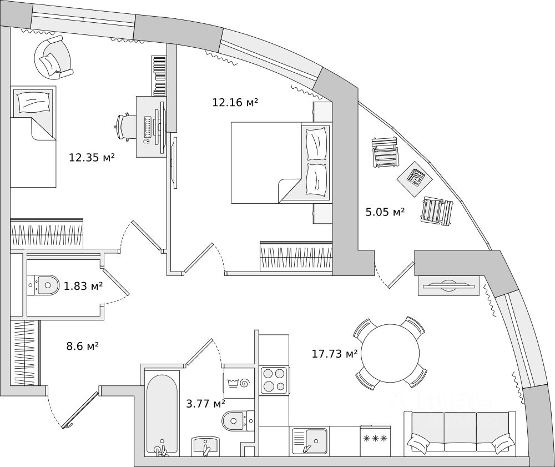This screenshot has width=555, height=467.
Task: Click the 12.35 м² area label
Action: click(x=92, y=158)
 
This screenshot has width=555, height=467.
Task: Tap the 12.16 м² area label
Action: click(x=235, y=102)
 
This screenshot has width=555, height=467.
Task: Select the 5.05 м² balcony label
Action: click(x=385, y=212)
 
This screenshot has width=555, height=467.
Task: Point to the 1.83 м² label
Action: click(x=83, y=287)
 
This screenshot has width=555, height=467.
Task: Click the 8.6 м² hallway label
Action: click(x=82, y=347)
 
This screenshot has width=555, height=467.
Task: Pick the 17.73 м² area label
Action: click(x=335, y=354)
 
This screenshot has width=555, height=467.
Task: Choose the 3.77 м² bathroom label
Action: click(x=206, y=404)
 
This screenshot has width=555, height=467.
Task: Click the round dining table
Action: click(x=390, y=353)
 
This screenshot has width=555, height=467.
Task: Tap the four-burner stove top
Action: click(x=274, y=380)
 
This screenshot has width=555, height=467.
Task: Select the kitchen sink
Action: click(x=309, y=441)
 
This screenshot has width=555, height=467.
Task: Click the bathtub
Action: click(x=161, y=413)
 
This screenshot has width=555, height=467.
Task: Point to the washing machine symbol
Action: click(x=239, y=383)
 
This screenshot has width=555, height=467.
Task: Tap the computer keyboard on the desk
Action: click(x=148, y=127)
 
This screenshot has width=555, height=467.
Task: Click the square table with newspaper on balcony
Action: click(x=415, y=178)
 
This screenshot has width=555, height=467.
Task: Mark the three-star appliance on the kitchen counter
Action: click(x=375, y=439)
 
